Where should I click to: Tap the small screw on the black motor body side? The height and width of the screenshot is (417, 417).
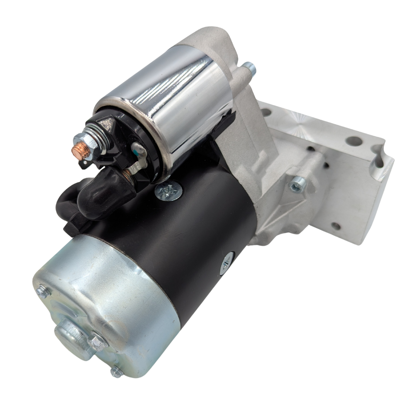pyautogui.click(x=227, y=263)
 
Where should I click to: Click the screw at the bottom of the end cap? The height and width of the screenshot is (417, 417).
pyautogui.click(x=116, y=372)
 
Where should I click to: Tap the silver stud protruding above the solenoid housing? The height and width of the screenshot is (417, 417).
pyautogui.click(x=249, y=69)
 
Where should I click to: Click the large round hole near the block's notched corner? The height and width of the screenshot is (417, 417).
pyautogui.click(x=354, y=141)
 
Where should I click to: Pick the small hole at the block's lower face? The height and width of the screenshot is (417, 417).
pyautogui.click(x=336, y=226)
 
